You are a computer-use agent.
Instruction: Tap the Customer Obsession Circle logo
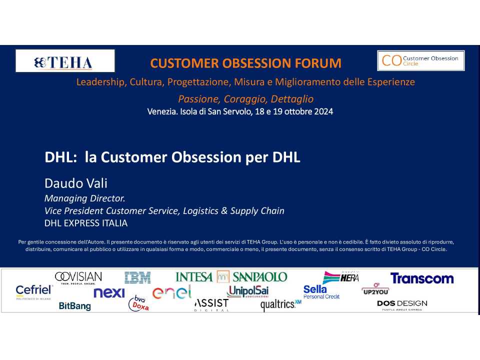tap(421, 60)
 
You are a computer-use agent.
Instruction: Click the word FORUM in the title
tap(318, 63)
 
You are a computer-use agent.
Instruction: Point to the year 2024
tap(323, 111)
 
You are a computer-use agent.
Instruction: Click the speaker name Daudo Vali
tap(76, 183)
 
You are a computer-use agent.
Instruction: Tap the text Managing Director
tap(85, 198)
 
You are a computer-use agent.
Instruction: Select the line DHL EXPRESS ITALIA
tap(86, 223)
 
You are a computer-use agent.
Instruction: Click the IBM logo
tap(137, 277)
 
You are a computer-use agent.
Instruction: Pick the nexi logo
tap(109, 292)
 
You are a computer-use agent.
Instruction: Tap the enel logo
tap(171, 292)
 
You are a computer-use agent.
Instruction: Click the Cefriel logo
tap(34, 291)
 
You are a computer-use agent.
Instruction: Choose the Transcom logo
tap(422, 278)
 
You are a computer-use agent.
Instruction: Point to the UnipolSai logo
tap(247, 291)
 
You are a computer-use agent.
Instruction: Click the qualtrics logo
tap(280, 304)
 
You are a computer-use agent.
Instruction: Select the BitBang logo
tap(74, 306)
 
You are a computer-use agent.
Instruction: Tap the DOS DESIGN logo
tap(402, 305)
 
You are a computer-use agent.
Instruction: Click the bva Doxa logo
tap(139, 303)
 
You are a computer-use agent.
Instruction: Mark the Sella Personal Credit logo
tap(321, 292)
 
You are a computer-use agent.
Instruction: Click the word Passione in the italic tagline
tap(199, 99)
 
